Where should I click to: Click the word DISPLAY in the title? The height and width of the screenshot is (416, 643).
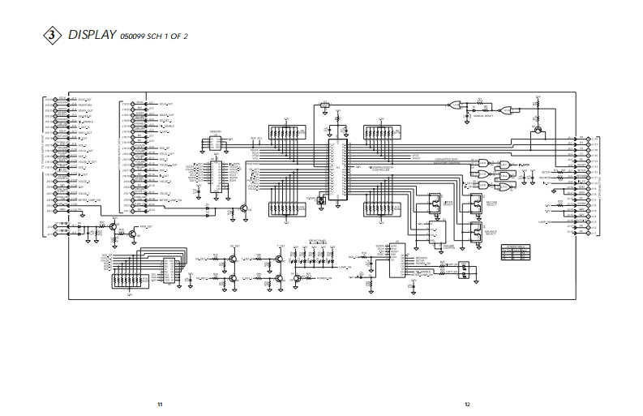tap(91, 35)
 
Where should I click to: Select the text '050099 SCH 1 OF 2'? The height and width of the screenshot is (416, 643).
tap(154, 37)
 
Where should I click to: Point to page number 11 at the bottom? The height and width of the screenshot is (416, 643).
tap(161, 403)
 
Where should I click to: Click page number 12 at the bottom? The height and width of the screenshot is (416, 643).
tap(467, 403)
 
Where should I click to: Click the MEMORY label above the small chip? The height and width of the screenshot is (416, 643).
tap(216, 129)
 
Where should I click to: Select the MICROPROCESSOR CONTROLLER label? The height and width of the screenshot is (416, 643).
tap(380, 170)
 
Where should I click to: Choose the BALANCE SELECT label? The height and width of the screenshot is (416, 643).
tap(491, 232)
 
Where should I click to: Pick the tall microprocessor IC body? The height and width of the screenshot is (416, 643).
tap(337, 170)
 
